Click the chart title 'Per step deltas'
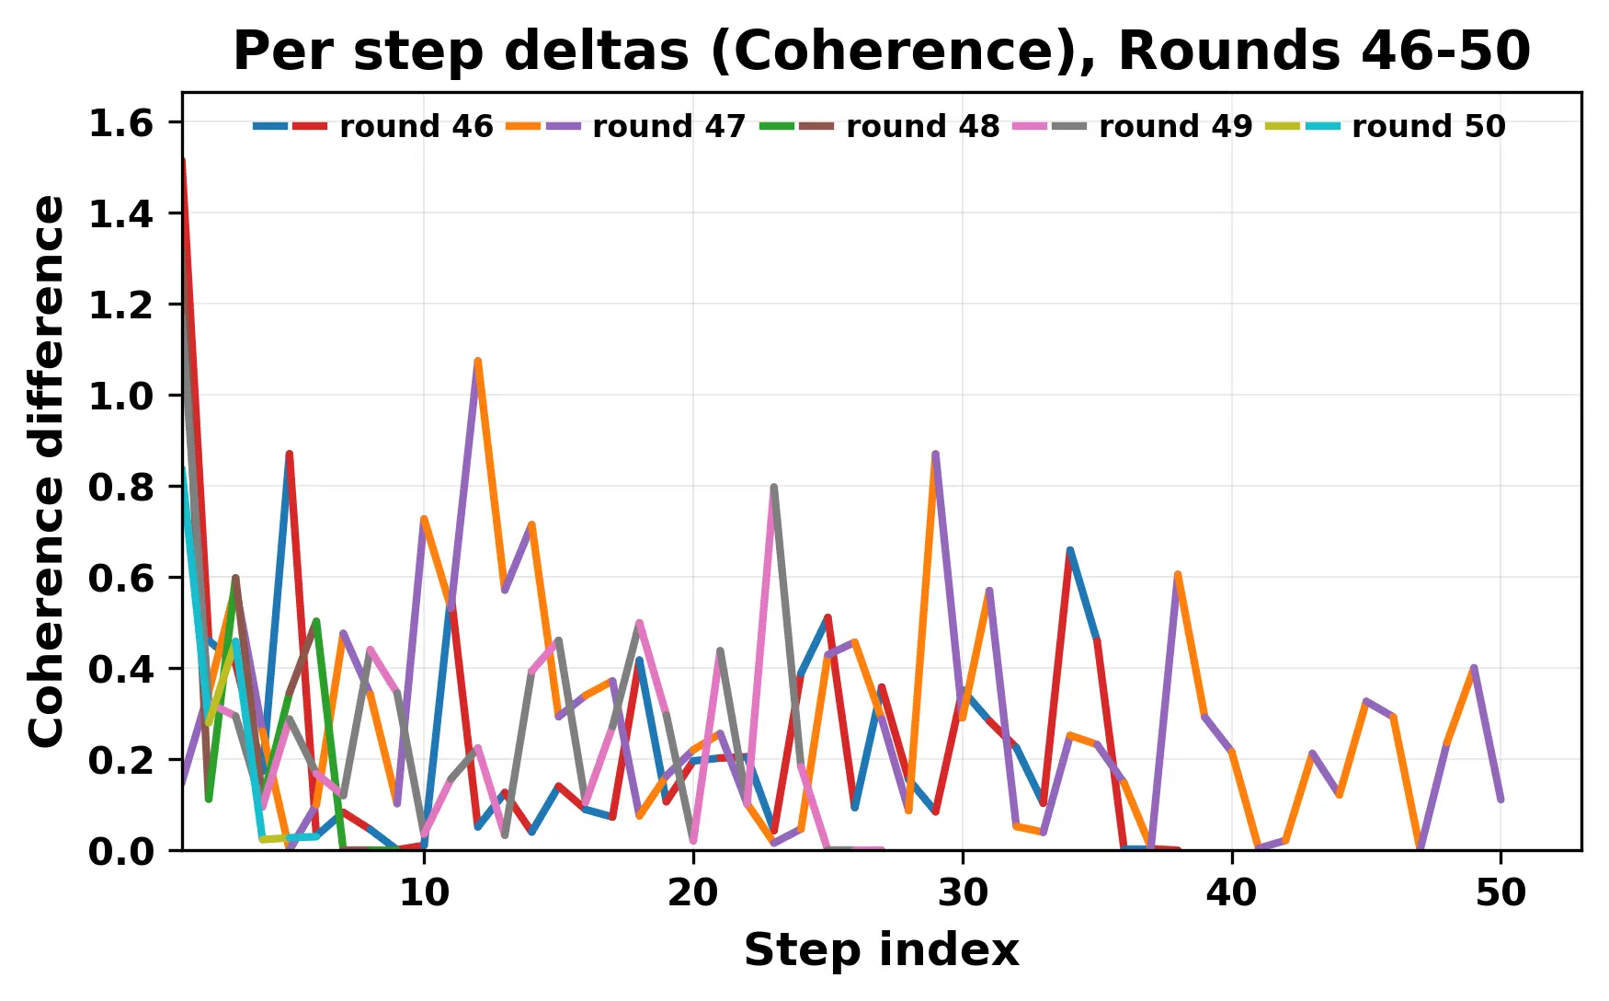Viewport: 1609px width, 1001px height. tap(881, 51)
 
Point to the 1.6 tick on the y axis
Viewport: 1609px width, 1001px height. tap(120, 123)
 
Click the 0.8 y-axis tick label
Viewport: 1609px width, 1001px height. tap(120, 487)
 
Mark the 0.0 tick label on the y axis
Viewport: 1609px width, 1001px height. tap(120, 851)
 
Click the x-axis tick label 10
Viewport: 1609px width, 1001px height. tap(424, 892)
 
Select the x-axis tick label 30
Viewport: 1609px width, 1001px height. tap(963, 892)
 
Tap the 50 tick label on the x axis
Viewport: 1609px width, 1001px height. tap(1501, 892)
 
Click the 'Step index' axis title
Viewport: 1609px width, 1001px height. tap(881, 949)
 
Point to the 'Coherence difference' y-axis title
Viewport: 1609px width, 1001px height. tap(48, 471)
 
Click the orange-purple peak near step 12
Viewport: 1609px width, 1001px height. tap(477, 362)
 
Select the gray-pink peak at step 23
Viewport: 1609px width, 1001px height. tap(774, 487)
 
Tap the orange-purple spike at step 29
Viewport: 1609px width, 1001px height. tap(935, 454)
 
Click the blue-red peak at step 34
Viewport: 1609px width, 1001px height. tap(1069, 550)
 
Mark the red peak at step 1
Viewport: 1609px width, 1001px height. tap(184, 160)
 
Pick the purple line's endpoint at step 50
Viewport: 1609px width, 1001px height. tap(1501, 800)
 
